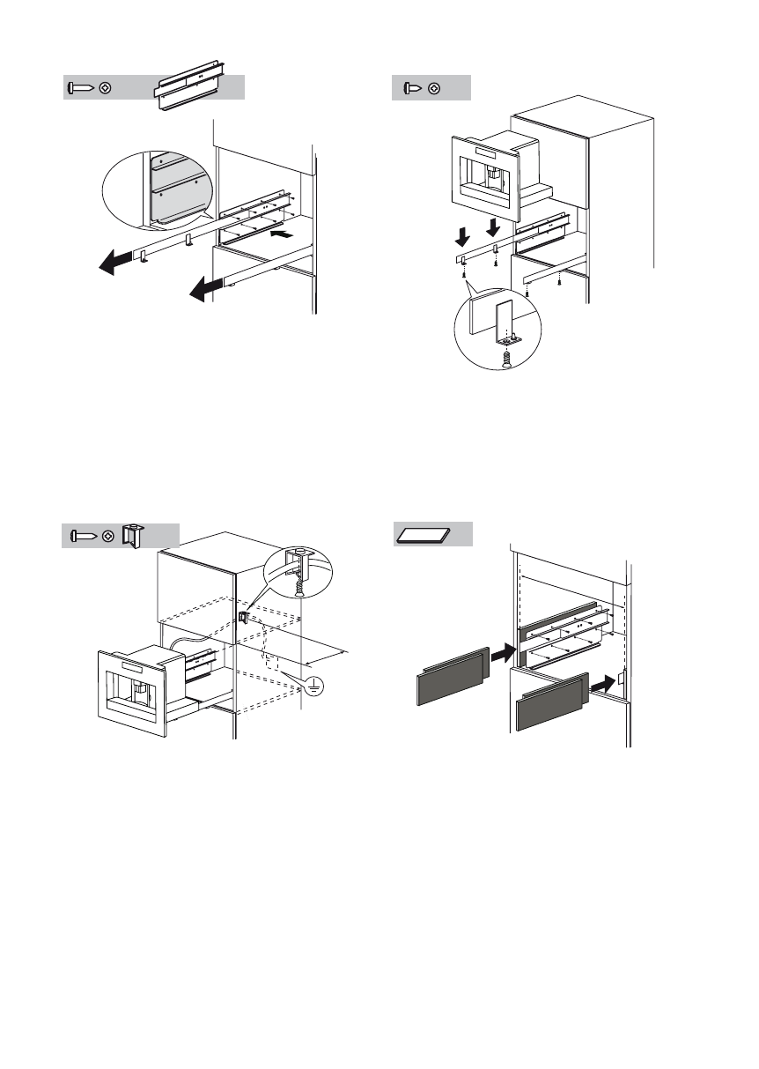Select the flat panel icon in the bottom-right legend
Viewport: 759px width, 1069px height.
tap(424, 534)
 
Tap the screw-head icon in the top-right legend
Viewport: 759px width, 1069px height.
tap(412, 88)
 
